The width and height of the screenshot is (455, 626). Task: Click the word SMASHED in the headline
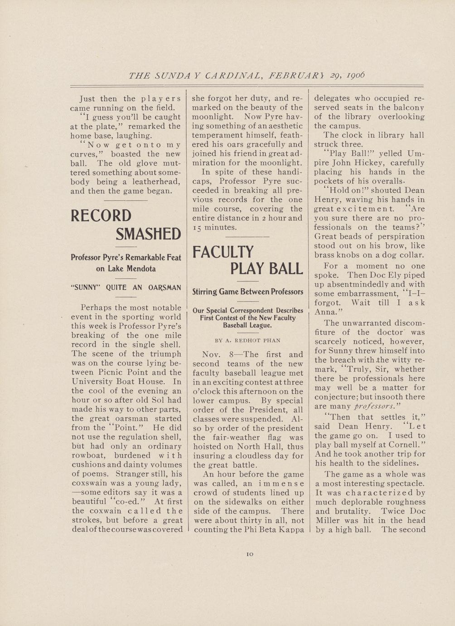148,234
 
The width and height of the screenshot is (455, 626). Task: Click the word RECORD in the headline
101,215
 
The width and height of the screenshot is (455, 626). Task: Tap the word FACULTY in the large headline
223,252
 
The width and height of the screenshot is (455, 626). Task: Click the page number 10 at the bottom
249,554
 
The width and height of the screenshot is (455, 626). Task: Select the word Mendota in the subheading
142,269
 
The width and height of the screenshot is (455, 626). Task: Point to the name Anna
325,312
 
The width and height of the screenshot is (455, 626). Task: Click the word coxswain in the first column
89,483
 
